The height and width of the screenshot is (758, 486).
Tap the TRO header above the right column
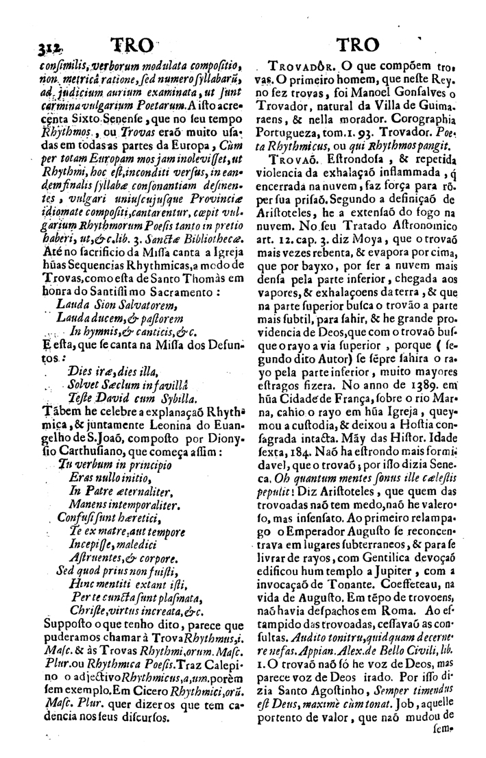click(x=358, y=45)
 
